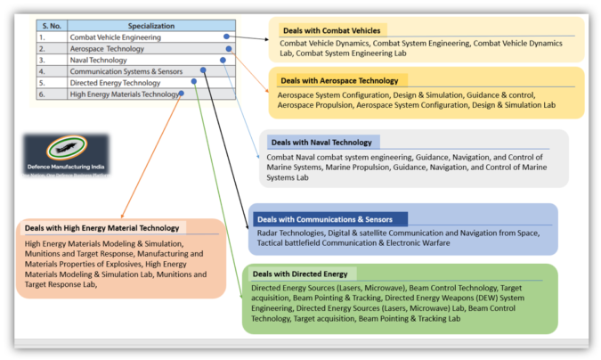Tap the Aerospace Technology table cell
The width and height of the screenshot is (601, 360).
[x=107, y=49]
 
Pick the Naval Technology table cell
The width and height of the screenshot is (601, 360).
[x=98, y=60]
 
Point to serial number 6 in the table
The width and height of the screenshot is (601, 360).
[x=43, y=94]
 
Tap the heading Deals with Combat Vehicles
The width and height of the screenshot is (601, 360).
[x=330, y=30]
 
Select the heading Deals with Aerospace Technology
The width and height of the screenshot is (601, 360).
[x=339, y=79]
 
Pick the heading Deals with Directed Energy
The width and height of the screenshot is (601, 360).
[x=300, y=274]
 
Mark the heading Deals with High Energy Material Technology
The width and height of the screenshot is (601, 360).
[x=102, y=228]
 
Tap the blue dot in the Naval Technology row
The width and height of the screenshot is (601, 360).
[x=223, y=60]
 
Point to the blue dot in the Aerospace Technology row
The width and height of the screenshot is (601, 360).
[x=227, y=49]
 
